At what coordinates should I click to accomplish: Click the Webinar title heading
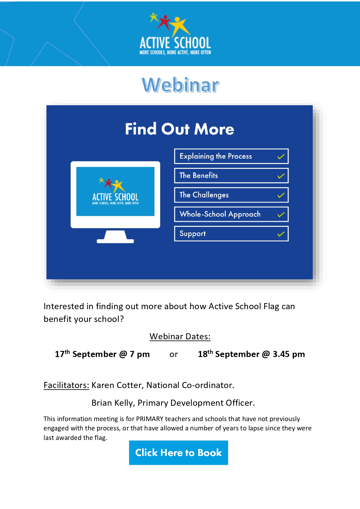coord(180,85)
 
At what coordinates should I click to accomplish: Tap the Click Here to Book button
coord(178,452)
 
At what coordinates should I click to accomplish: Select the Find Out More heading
coord(180,129)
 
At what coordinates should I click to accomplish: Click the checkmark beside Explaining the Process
coord(281,157)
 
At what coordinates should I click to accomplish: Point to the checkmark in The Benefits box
coord(281,176)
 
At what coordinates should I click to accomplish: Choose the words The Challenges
coord(204,195)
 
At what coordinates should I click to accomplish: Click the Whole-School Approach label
coord(220,214)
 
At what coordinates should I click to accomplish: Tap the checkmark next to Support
coord(281,234)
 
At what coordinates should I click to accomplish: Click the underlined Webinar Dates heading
coord(180,336)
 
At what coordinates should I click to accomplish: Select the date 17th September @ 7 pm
coord(102,354)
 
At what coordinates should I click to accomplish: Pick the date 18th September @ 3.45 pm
coord(251,354)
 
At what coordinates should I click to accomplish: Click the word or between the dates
coord(173,354)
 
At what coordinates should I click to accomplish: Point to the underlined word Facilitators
coord(66,385)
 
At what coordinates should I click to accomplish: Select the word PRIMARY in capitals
coord(150,419)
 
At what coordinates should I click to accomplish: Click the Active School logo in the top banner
coord(175,34)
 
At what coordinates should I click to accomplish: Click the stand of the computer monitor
coord(115,237)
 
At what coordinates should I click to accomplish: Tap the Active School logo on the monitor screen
coord(115,191)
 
